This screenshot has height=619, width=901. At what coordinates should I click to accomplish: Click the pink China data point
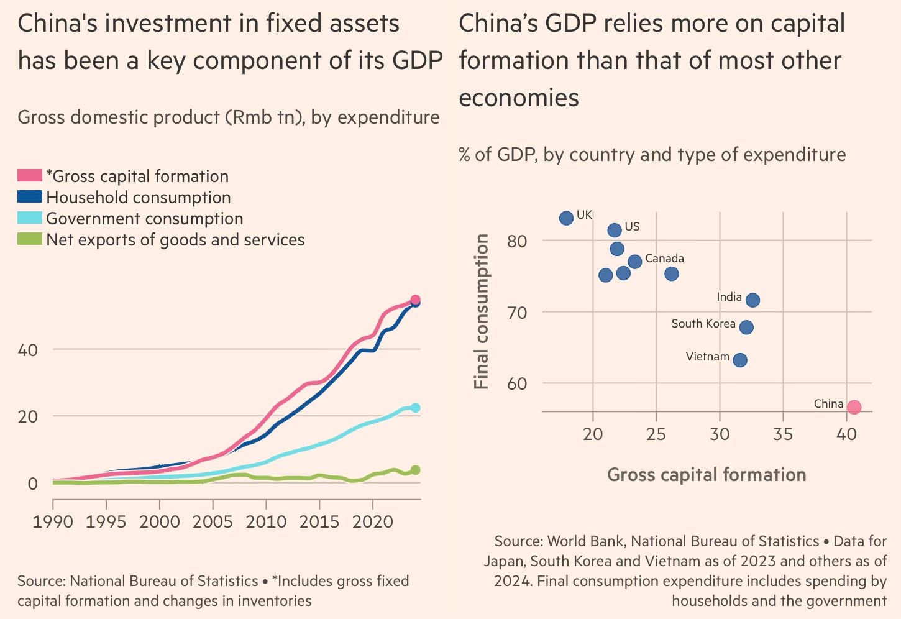click(x=854, y=407)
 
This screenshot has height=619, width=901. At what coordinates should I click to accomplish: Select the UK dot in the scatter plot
click(x=566, y=218)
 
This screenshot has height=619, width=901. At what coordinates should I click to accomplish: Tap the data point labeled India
click(x=752, y=300)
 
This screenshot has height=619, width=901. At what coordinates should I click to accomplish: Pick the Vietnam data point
click(x=739, y=360)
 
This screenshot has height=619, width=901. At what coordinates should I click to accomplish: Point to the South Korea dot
click(x=746, y=327)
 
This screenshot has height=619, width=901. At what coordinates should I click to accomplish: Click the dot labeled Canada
click(x=634, y=262)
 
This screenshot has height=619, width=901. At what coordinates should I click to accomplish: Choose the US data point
click(x=615, y=231)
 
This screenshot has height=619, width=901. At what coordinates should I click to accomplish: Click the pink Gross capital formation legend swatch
click(x=30, y=176)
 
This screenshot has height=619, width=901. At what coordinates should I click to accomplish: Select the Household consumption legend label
click(x=138, y=198)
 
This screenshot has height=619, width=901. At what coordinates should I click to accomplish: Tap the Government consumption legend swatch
click(x=30, y=218)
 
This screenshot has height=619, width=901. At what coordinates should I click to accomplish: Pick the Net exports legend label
click(x=175, y=240)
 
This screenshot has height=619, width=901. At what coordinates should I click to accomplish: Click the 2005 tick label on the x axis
click(x=213, y=521)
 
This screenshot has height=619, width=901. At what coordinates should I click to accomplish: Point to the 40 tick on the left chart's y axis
click(x=28, y=350)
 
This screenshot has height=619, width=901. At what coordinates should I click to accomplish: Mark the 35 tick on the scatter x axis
click(x=783, y=433)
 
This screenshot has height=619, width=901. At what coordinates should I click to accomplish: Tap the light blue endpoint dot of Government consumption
click(x=415, y=408)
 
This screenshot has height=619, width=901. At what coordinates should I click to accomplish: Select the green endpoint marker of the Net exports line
click(x=415, y=470)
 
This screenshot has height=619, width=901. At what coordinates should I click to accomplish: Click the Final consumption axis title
click(x=482, y=311)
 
